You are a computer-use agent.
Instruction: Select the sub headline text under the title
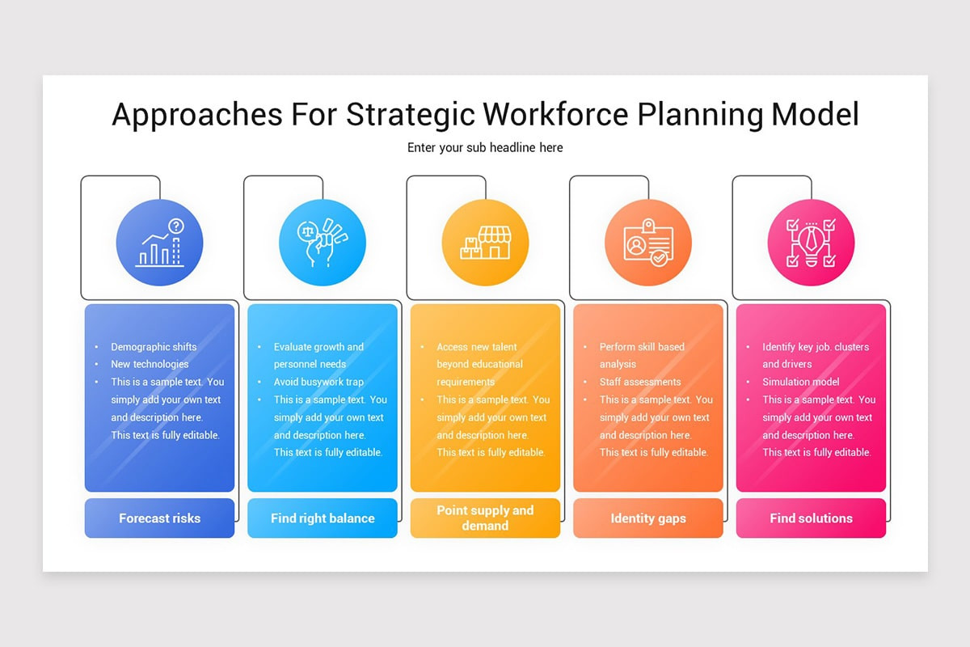click(485, 148)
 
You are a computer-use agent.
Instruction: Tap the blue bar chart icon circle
click(159, 243)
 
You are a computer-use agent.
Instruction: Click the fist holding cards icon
click(322, 243)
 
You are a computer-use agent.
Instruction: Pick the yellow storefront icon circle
click(485, 243)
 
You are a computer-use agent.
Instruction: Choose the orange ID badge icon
click(647, 243)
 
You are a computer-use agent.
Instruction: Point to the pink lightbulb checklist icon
click(811, 243)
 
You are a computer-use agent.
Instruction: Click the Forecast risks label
click(159, 518)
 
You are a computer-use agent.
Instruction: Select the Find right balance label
click(323, 518)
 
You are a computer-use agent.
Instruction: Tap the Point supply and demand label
click(485, 518)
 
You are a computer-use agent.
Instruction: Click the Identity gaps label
click(648, 518)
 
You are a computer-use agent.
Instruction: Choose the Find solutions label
click(811, 518)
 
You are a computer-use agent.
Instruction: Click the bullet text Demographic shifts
click(154, 347)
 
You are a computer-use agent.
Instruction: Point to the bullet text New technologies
click(150, 364)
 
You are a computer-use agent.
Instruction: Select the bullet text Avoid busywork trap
click(318, 382)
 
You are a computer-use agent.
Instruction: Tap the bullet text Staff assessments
click(640, 382)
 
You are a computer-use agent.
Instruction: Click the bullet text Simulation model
click(801, 382)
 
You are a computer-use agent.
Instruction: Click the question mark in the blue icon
click(176, 226)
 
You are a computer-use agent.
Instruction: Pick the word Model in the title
click(815, 115)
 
